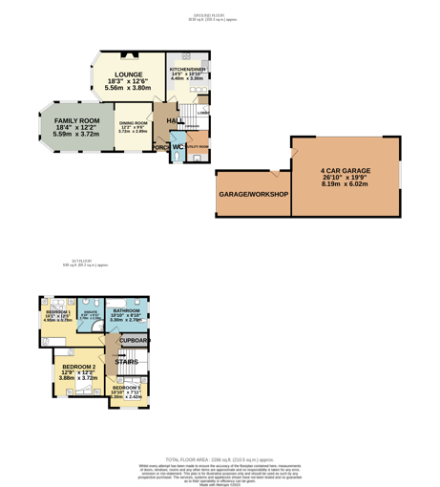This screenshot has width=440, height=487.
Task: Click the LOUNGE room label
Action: (128, 74)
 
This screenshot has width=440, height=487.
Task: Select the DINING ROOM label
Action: (134, 123)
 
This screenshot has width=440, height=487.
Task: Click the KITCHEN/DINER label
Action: (187, 70)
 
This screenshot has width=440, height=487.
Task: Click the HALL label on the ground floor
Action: (176, 120)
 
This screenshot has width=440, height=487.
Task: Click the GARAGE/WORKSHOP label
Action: (253, 194)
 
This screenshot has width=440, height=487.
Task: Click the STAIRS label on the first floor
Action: (126, 362)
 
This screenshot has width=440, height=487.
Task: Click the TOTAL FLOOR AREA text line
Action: (219, 459)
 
